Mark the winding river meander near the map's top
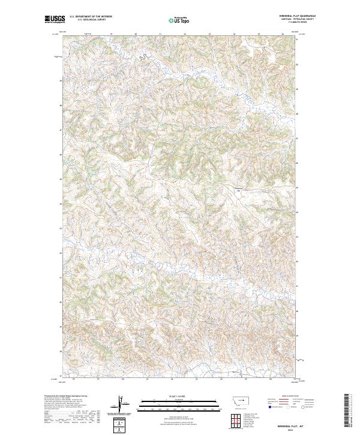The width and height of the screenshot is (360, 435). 143,58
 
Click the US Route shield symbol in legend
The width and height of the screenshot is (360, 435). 286,407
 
